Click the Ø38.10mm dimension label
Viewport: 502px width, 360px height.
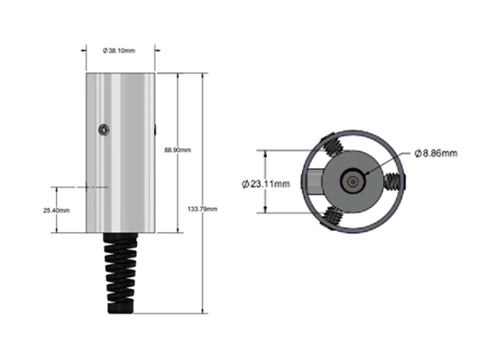(119, 50)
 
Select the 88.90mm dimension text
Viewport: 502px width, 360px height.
(177, 150)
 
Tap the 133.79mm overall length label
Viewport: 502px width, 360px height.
(202, 208)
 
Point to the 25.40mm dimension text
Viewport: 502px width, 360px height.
(56, 210)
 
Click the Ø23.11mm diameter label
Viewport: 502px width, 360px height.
(266, 184)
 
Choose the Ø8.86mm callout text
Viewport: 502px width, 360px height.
(436, 153)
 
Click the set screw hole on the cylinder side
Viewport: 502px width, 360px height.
(104, 130)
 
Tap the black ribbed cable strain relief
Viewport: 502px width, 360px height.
(120, 273)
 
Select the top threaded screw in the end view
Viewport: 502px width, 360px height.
(333, 147)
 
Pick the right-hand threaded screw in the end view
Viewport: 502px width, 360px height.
(394, 182)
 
